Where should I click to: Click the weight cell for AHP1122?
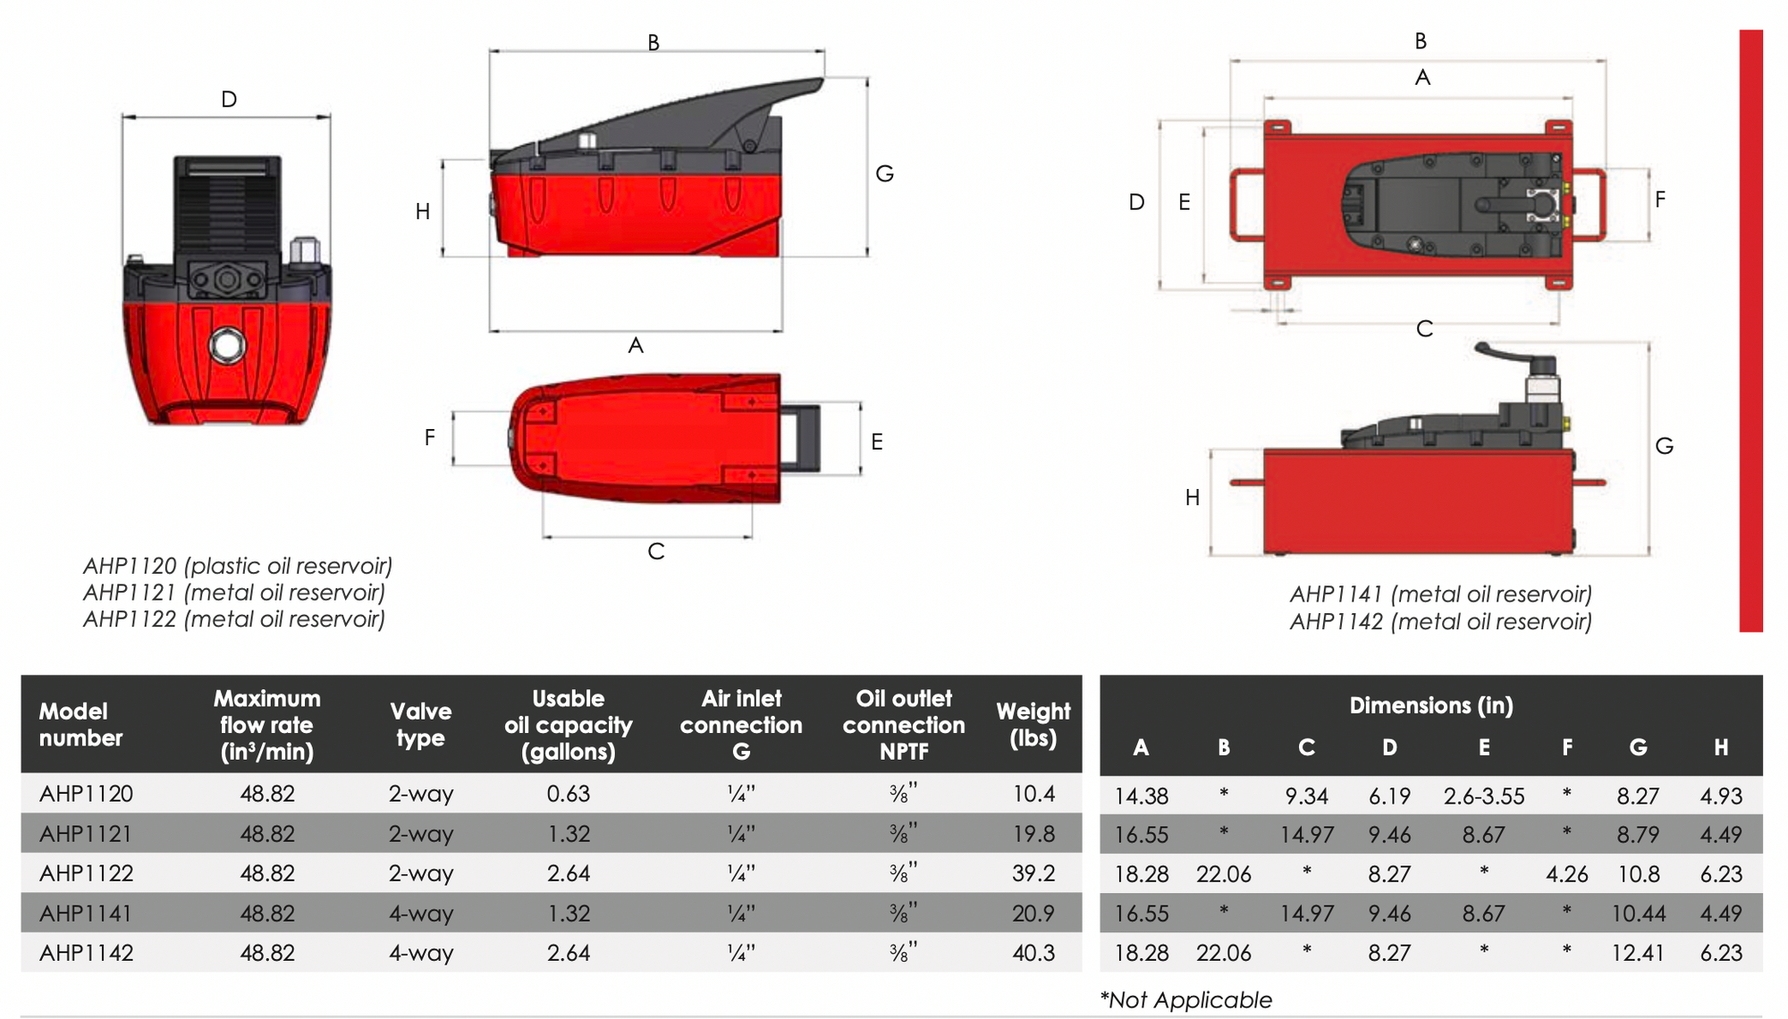point(1033,873)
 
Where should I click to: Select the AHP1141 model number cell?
point(86,914)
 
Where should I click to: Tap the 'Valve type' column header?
point(420,725)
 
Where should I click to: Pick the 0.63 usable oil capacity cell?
point(569,794)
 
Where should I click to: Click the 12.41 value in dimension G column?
point(1638,953)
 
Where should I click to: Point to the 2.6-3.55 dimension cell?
point(1484,796)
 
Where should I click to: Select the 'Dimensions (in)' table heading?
point(1431,705)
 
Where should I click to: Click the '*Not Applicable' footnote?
point(1185,999)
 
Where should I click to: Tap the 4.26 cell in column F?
point(1566,874)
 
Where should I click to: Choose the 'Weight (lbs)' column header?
point(1033,725)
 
